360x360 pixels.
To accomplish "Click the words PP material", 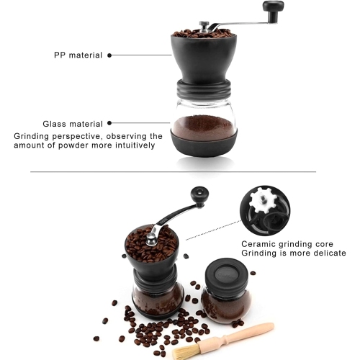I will point(78,55).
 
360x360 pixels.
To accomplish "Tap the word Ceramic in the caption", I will point(258,243).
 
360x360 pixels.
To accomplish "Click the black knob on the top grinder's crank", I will point(273,7).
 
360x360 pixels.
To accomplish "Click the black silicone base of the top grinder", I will point(203,143).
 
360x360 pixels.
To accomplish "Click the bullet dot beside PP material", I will point(109,55).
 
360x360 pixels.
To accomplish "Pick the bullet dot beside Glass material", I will point(109,123).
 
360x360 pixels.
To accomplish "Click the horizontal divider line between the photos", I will point(173,171).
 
